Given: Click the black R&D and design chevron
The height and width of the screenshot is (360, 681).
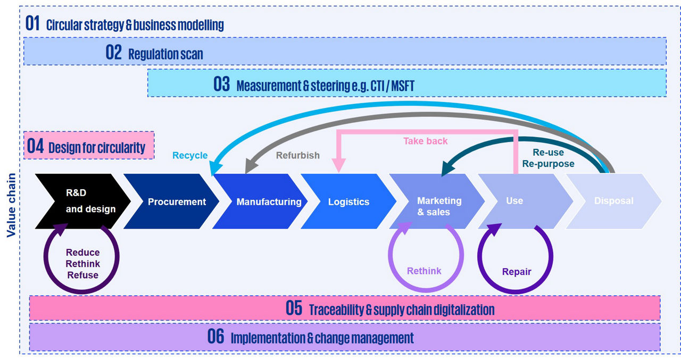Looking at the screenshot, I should click(x=85, y=202).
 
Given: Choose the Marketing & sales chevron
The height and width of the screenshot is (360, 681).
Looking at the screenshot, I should click(x=439, y=206).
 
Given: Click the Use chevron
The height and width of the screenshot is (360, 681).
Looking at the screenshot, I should click(x=514, y=201).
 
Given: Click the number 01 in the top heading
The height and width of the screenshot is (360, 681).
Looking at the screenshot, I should click(x=33, y=24).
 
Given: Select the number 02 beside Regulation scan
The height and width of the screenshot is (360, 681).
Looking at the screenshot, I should click(x=114, y=53).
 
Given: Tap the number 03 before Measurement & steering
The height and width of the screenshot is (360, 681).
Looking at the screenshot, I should click(x=222, y=85).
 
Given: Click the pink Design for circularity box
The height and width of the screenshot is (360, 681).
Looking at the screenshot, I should click(x=89, y=146).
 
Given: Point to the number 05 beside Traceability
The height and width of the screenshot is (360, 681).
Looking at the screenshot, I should click(x=294, y=308).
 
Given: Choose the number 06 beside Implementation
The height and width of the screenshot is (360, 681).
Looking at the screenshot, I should click(x=215, y=337).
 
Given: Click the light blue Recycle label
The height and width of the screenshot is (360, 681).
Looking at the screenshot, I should click(x=190, y=155).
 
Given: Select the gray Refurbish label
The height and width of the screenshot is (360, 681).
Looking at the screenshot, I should click(x=297, y=155).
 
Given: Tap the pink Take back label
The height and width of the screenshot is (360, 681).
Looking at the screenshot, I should click(x=425, y=141).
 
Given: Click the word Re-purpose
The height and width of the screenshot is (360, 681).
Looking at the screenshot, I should click(x=548, y=164).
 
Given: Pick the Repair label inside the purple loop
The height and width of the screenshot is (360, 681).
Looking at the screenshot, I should click(x=517, y=272).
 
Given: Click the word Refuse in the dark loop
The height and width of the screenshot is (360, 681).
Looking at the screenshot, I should click(x=82, y=275).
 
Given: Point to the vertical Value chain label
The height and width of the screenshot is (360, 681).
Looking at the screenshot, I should click(x=10, y=205).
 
